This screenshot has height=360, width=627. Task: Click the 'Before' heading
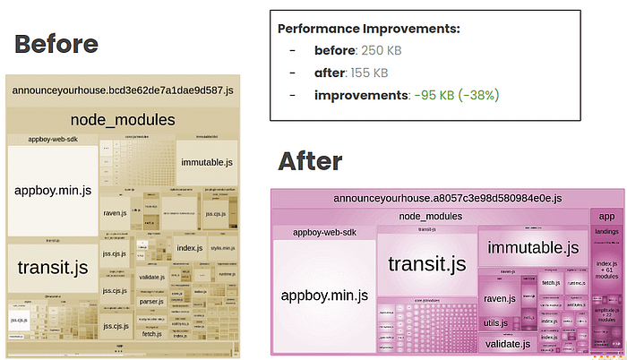[56, 43]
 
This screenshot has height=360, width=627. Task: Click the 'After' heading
[310, 161]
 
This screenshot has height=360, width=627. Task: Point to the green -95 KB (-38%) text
[454, 95]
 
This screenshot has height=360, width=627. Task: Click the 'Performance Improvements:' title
[369, 29]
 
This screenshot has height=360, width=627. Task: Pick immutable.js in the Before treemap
[206, 162]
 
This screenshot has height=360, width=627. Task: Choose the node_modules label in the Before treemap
[123, 120]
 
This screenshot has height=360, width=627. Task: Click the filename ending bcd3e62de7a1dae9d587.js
[123, 90]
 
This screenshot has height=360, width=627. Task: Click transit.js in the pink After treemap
[426, 263]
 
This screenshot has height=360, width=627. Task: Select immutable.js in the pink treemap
[534, 247]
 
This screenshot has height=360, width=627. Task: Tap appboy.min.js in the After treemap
[324, 295]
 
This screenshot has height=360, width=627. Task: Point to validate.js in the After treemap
[507, 343]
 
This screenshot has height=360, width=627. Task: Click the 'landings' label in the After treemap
[606, 232]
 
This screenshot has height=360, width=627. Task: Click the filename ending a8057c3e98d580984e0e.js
[447, 198]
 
